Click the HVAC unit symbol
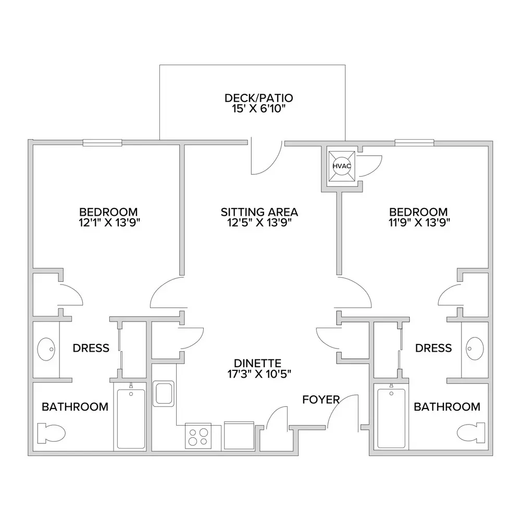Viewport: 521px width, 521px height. [x=342, y=166]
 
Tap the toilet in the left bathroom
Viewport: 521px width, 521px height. [x=51, y=433]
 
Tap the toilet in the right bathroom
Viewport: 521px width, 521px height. [x=471, y=433]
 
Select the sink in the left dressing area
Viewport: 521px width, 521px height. [x=46, y=349]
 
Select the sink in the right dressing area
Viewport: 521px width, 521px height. [x=475, y=349]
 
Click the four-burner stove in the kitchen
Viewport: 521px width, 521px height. [x=199, y=437]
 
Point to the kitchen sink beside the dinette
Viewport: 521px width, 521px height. [x=164, y=394]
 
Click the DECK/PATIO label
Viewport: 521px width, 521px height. [x=259, y=98]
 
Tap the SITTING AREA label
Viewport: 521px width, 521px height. [x=259, y=212]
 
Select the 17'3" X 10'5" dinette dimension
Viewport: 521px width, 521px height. [x=259, y=374]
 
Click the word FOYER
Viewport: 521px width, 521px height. [x=321, y=400]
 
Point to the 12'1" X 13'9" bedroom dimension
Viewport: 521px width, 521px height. [x=109, y=222]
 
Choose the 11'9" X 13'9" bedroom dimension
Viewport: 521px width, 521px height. [x=419, y=222]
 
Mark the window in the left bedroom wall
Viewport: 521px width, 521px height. [x=102, y=143]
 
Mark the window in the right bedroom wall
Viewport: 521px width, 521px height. [x=414, y=143]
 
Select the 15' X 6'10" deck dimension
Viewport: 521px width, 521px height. [x=259, y=109]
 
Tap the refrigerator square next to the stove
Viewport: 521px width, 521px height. [x=239, y=435]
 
